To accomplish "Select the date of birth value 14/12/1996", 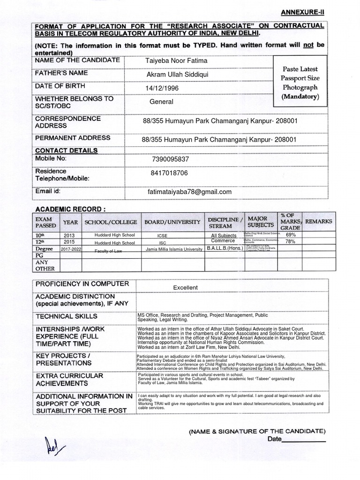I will pyautogui.click(x=162, y=88).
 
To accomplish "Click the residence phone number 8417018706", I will pyautogui.click(x=169, y=173).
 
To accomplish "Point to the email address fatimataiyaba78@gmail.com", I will pyautogui.click(x=189, y=192).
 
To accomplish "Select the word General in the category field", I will pyautogui.click(x=161, y=102).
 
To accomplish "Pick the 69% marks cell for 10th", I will pyautogui.click(x=290, y=234).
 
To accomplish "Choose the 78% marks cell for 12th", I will pyautogui.click(x=290, y=241).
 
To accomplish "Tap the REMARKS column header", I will pyautogui.click(x=318, y=221).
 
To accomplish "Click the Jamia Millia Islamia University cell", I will pyautogui.click(x=173, y=250).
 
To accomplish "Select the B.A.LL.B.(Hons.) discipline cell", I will pyautogui.click(x=225, y=249).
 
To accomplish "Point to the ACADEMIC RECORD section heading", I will pyautogui.click(x=68, y=208).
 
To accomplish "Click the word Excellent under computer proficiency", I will pyautogui.click(x=185, y=287).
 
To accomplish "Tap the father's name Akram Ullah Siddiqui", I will pyautogui.click(x=177, y=75).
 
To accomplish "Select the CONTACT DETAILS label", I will pyautogui.click(x=66, y=150).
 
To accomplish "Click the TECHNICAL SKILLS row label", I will pyautogui.click(x=67, y=316).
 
